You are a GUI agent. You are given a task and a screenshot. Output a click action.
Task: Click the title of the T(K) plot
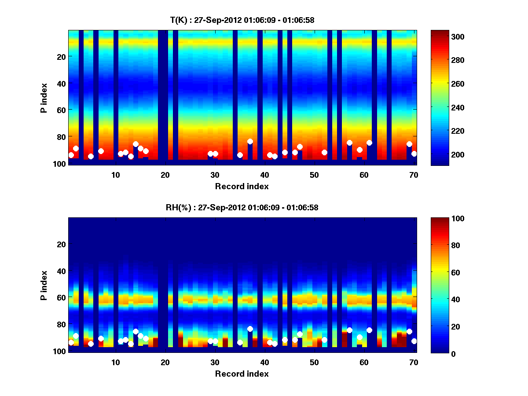click(242, 20)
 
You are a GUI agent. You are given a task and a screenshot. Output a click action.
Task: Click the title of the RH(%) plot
click(242, 207)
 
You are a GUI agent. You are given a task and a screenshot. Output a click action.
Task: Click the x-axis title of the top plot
click(242, 187)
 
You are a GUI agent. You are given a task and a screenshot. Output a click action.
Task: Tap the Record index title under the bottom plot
click(242, 374)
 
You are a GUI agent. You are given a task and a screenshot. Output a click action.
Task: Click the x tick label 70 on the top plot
click(414, 175)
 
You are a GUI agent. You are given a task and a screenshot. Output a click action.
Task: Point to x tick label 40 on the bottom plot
click(264, 362)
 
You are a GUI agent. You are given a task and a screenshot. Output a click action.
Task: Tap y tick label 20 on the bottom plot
click(61, 244)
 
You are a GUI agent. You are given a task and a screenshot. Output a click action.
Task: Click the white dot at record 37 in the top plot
click(250, 142)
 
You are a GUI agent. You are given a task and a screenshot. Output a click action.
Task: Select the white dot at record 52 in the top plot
click(324, 152)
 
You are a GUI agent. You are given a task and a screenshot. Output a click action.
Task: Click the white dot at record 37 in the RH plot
click(250, 329)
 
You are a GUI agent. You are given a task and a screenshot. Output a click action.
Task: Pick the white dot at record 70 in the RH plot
click(414, 341)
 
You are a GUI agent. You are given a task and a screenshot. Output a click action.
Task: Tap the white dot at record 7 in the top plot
click(101, 151)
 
